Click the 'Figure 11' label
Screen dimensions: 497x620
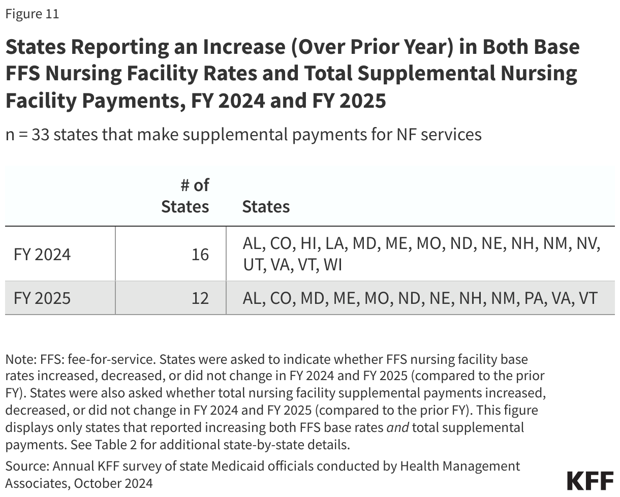(x=32, y=14)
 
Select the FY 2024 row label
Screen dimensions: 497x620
(x=42, y=254)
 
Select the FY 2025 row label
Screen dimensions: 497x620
(x=42, y=298)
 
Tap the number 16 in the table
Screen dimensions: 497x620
(x=200, y=254)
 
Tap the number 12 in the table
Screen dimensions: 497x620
(x=200, y=298)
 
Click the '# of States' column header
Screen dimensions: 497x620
(x=185, y=196)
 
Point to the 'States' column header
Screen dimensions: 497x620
(x=266, y=207)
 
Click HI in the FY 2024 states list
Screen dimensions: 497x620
(x=309, y=243)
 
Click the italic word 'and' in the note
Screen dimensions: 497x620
(x=398, y=427)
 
